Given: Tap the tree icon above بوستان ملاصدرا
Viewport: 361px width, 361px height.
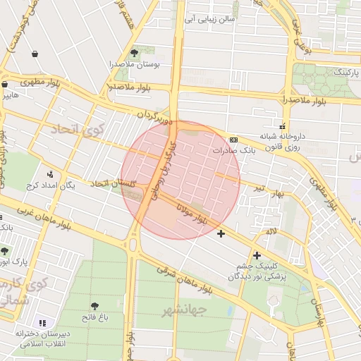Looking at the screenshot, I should [x=134, y=53].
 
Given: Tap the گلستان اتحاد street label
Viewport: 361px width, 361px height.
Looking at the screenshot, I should [x=112, y=183].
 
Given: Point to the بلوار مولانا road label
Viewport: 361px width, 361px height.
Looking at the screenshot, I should [x=191, y=214].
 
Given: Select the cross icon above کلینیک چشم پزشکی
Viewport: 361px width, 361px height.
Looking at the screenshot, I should [x=257, y=255].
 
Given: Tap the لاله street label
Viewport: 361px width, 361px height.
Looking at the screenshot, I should [x=271, y=231].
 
